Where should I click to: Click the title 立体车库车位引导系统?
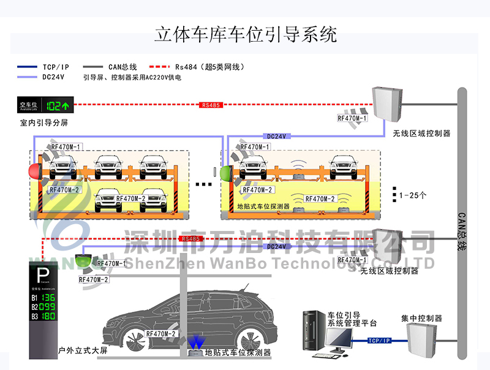(246, 34)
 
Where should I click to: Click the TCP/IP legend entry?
(56, 66)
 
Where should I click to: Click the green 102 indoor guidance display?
(58, 105)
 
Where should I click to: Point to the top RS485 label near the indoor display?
(210, 105)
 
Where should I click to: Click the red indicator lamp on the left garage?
(34, 169)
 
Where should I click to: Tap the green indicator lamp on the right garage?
(225, 172)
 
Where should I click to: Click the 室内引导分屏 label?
(43, 123)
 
